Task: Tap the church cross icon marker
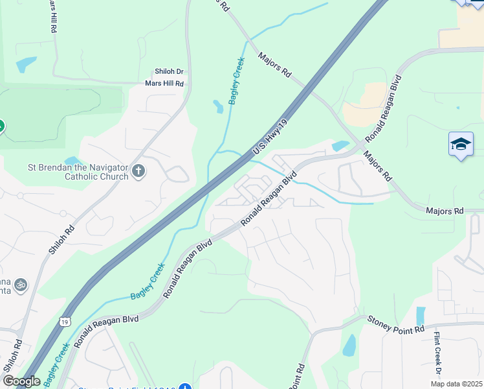click(138, 171)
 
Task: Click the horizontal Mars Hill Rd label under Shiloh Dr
click(164, 83)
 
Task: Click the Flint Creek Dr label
click(438, 354)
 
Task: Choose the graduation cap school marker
click(461, 145)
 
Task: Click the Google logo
click(21, 381)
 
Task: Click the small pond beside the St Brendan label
click(73, 160)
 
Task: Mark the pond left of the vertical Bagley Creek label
click(218, 106)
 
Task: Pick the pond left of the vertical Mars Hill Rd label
click(27, 64)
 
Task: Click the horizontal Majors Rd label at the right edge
click(445, 211)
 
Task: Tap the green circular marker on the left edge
click(1, 126)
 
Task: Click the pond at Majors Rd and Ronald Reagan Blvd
click(340, 146)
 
